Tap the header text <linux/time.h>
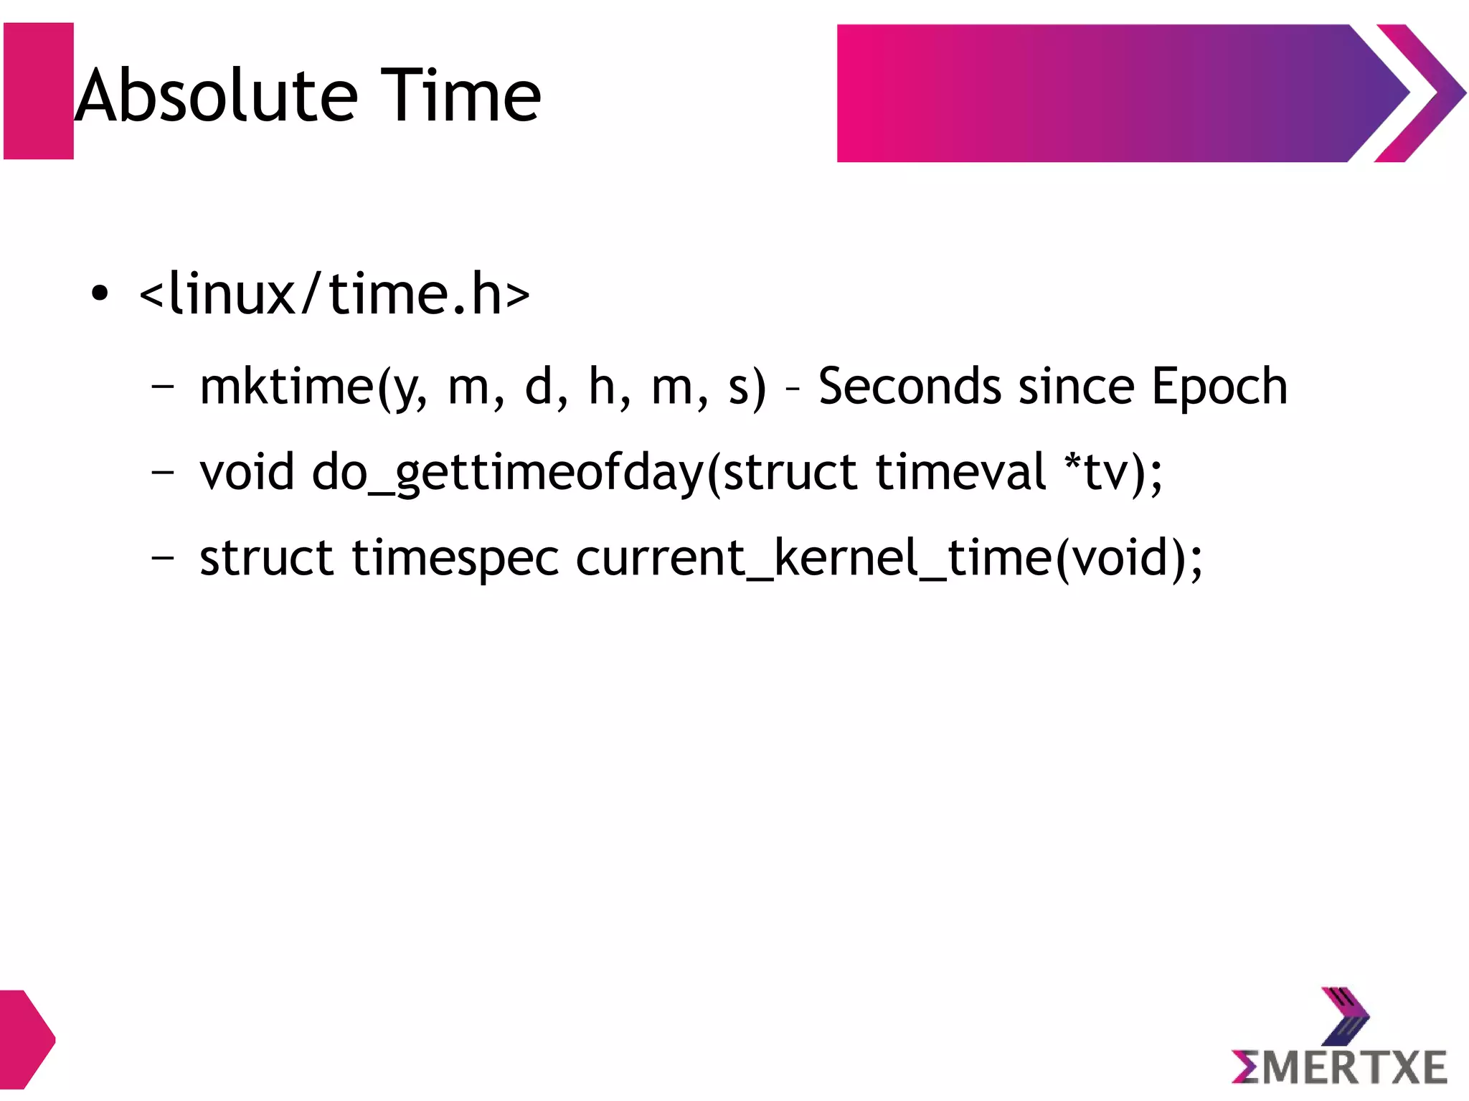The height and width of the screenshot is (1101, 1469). pos(334,295)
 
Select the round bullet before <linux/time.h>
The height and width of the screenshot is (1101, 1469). pos(100,293)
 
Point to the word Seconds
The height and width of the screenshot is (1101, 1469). pos(909,387)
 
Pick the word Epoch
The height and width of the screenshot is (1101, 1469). pos(1219,387)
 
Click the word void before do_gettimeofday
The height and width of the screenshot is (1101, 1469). pos(247,473)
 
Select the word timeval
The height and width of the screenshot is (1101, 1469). pos(960,473)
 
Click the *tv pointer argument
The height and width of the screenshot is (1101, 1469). pos(1097,473)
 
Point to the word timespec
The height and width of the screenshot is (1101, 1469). pos(455,559)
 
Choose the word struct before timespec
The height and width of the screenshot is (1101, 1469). pos(265,559)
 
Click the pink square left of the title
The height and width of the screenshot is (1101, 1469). pos(39,91)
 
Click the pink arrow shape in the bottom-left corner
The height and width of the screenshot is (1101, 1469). pos(25,1039)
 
